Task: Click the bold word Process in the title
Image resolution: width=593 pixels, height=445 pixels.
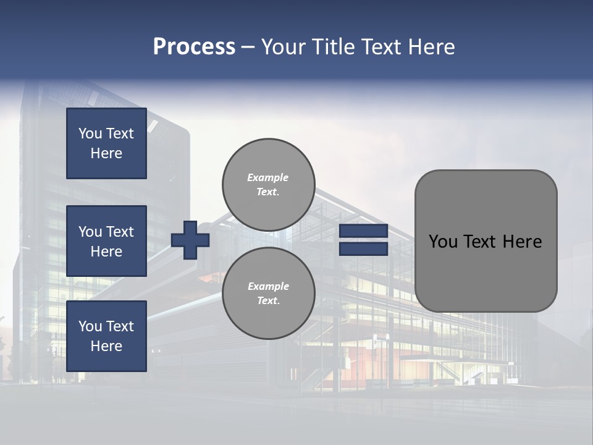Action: [x=194, y=47]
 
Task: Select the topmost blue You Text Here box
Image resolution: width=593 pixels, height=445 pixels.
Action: [x=106, y=143]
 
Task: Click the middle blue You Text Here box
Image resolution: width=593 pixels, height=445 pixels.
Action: [x=106, y=241]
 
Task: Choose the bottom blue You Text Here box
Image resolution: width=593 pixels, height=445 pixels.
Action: [x=106, y=336]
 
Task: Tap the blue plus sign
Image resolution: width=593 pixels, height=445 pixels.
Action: [x=190, y=240]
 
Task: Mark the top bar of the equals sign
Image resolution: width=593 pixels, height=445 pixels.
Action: [x=363, y=231]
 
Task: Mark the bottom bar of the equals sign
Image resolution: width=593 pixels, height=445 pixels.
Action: [x=363, y=249]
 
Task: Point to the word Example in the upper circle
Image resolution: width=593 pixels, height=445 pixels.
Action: [x=268, y=177]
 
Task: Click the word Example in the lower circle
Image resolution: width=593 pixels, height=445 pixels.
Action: [x=268, y=286]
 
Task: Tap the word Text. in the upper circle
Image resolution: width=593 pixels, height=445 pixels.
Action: [x=268, y=192]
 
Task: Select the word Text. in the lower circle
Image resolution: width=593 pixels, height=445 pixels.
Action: [x=268, y=300]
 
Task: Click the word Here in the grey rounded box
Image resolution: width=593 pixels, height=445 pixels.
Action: [x=522, y=242]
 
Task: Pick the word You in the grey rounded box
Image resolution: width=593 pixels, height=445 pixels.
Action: [x=443, y=242]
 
